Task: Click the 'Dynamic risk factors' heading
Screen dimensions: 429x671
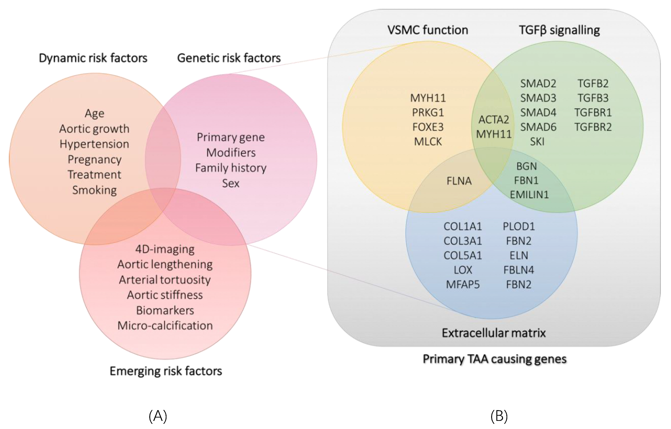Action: click(93, 58)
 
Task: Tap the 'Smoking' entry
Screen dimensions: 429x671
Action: click(95, 190)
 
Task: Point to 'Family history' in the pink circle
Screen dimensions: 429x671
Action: click(231, 168)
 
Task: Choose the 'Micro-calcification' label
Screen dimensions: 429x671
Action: click(165, 325)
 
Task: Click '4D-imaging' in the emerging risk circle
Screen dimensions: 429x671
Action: click(165, 249)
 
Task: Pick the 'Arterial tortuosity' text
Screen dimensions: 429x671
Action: click(165, 280)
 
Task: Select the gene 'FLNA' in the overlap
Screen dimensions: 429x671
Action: click(459, 181)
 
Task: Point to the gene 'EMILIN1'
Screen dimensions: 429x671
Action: click(529, 195)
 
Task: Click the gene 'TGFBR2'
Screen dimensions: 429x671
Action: click(593, 127)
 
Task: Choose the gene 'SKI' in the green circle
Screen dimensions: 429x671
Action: click(537, 141)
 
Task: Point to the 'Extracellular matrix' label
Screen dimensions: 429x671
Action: click(494, 333)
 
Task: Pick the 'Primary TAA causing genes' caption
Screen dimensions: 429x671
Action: click(495, 359)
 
